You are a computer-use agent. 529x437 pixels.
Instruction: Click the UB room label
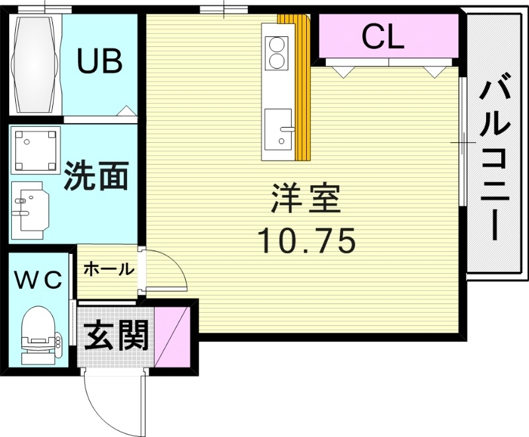[100, 61]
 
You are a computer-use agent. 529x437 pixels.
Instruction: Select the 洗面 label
[97, 176]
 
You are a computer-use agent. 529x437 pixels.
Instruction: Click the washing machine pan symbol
[36, 150]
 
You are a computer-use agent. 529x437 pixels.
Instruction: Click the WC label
[39, 280]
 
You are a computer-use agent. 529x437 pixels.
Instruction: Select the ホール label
[109, 269]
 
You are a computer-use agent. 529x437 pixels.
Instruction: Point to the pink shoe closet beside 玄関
[172, 337]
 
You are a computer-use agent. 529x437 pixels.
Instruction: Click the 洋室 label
[305, 198]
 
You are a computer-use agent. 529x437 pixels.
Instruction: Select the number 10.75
[306, 240]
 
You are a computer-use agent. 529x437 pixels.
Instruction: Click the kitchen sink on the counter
[278, 130]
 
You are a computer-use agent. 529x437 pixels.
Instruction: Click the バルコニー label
[493, 161]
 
